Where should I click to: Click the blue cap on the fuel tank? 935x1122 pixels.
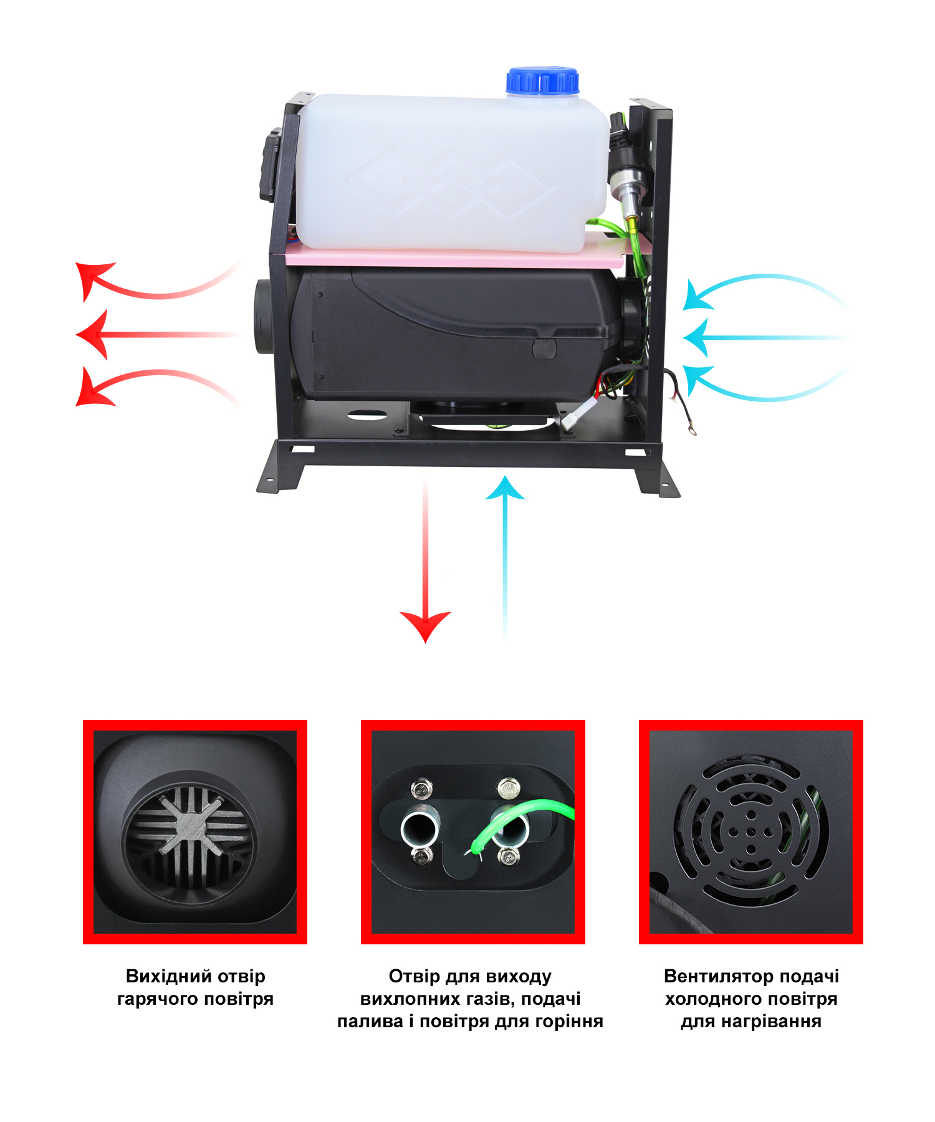click(542, 81)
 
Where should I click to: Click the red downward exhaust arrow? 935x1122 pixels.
click(425, 561)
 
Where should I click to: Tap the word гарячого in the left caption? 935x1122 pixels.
click(158, 999)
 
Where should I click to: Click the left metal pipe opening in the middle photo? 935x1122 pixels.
click(420, 829)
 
